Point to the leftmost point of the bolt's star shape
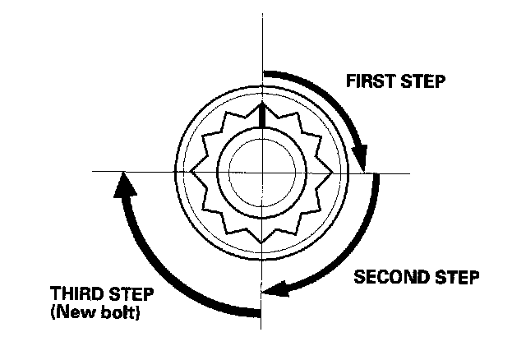191,172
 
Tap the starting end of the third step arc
258,311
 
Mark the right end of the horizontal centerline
408,173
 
